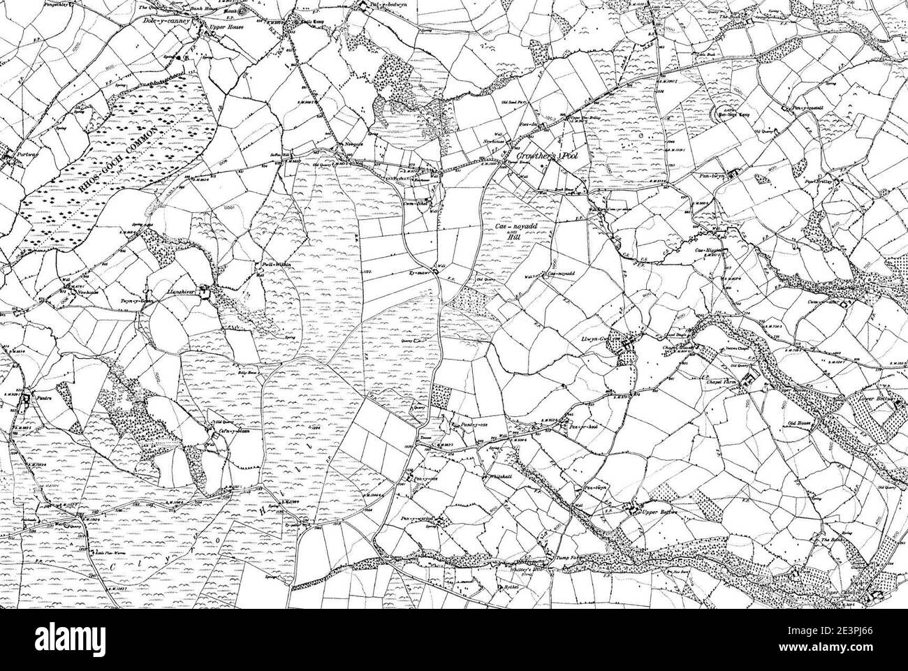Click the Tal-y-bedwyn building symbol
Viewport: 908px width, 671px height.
click(x=364, y=8)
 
